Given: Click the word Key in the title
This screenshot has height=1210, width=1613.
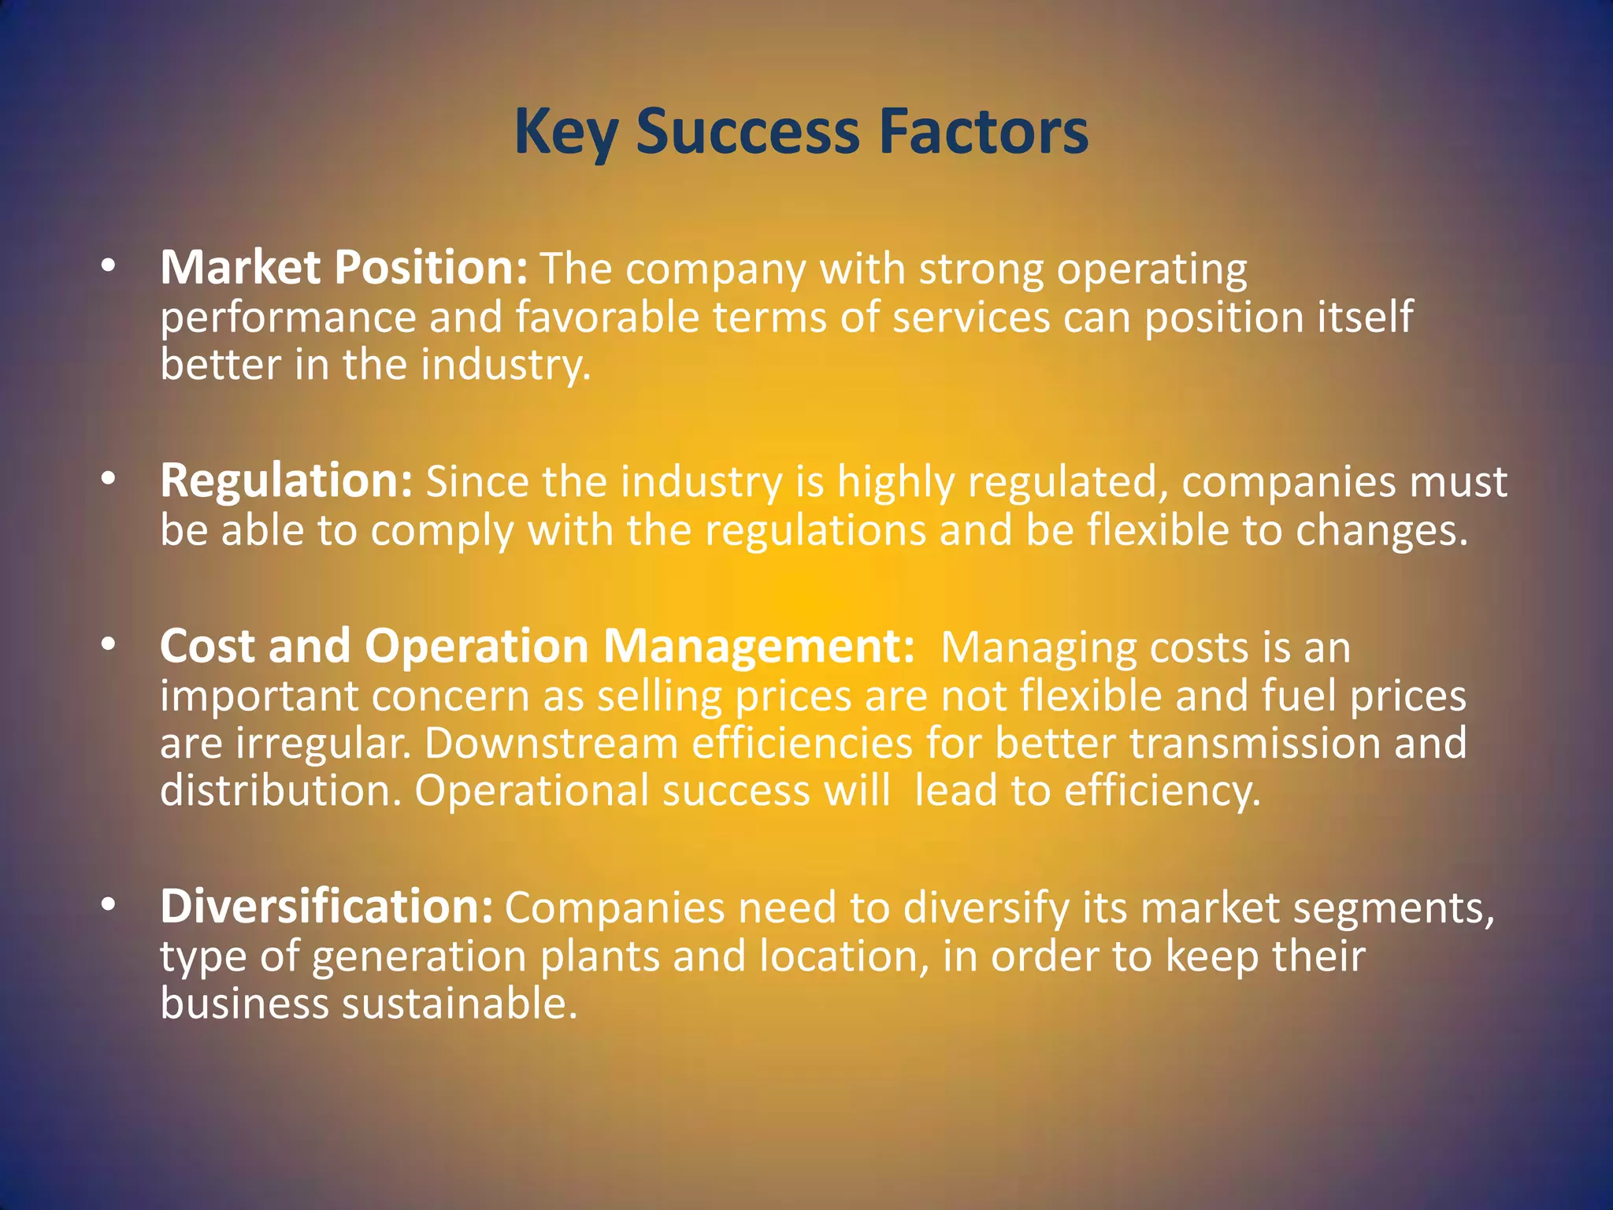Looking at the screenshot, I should (x=565, y=132).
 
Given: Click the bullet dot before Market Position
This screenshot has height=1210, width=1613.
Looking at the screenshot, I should (x=109, y=266).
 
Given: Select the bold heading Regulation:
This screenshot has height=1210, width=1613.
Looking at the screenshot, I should (x=286, y=481).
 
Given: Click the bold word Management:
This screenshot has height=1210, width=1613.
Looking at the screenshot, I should (x=758, y=647).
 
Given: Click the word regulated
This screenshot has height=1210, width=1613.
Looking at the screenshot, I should (x=1067, y=482).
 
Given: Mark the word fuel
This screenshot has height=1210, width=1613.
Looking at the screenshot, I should (x=1299, y=696).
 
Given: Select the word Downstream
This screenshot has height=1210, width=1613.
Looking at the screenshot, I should (x=551, y=744).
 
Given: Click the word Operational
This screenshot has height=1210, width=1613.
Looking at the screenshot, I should (x=532, y=791).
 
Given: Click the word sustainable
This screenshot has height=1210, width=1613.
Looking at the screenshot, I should (x=459, y=1004).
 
